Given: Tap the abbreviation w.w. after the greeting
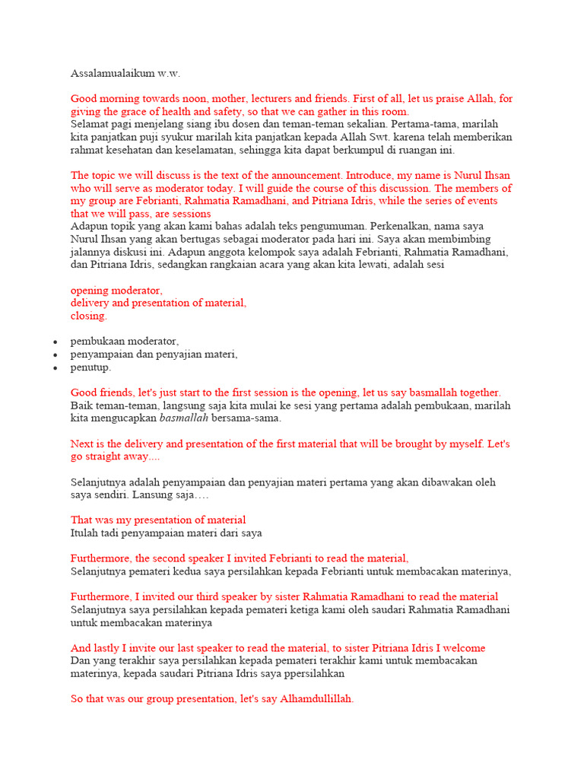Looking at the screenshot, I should click(170, 74).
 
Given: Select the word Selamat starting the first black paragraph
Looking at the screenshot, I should click(90, 123).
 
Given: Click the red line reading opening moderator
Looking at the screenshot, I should click(116, 290).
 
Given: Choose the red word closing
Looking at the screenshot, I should click(89, 316).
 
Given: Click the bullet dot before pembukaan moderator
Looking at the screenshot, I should click(55, 342).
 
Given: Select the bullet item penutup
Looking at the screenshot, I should click(91, 367).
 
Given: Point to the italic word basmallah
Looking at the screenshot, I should click(183, 418).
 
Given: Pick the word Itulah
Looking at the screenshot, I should click(86, 533).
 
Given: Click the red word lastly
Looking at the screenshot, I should click(109, 648).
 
